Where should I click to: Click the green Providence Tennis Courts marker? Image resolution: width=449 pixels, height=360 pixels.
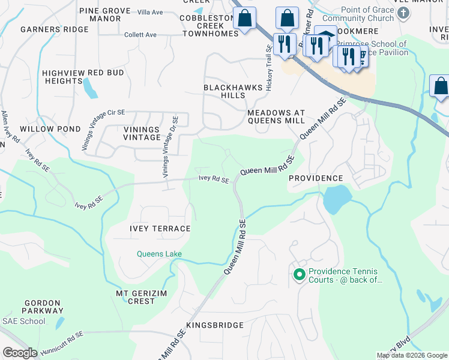(299, 275)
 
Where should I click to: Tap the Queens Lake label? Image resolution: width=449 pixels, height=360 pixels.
(159, 254)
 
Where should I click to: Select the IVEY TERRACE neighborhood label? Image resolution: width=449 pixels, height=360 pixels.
(160, 229)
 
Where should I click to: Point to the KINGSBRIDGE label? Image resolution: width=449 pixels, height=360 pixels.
(215, 325)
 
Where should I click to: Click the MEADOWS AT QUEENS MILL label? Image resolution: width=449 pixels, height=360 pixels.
(277, 117)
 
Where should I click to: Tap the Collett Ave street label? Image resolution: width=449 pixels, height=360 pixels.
(140, 35)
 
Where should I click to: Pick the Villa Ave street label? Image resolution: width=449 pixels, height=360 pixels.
(150, 12)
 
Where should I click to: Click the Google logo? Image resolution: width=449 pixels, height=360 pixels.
(20, 353)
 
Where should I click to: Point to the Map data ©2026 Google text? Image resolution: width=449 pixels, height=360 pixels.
(411, 355)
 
